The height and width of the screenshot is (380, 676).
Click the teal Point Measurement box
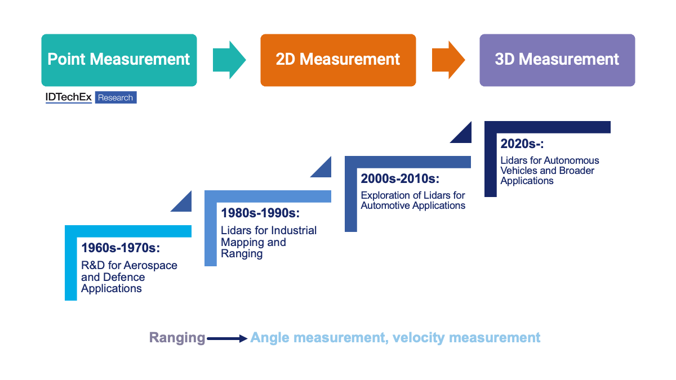pyautogui.click(x=119, y=60)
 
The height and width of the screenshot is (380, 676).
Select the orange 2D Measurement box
pyautogui.click(x=338, y=60)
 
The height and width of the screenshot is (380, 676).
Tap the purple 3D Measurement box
pyautogui.click(x=557, y=60)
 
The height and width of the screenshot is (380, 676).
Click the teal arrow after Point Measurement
pyautogui.click(x=228, y=60)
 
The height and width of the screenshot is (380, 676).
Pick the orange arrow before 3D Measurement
pyautogui.click(x=447, y=60)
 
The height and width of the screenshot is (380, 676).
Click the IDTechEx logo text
pyautogui.click(x=68, y=97)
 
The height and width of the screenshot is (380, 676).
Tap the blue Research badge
pyautogui.click(x=115, y=97)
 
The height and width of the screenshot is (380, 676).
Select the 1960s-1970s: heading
pyautogui.click(x=121, y=248)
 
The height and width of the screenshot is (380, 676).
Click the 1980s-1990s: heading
pyautogui.click(x=260, y=213)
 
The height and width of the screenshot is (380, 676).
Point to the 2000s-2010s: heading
pyautogui.click(x=399, y=178)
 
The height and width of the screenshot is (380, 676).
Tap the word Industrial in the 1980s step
pyautogui.click(x=294, y=231)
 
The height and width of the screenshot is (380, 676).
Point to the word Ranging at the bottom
pyautogui.click(x=177, y=338)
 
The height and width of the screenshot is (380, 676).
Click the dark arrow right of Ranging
pyautogui.click(x=227, y=338)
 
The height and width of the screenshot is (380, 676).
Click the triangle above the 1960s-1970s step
pyautogui.click(x=184, y=203)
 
